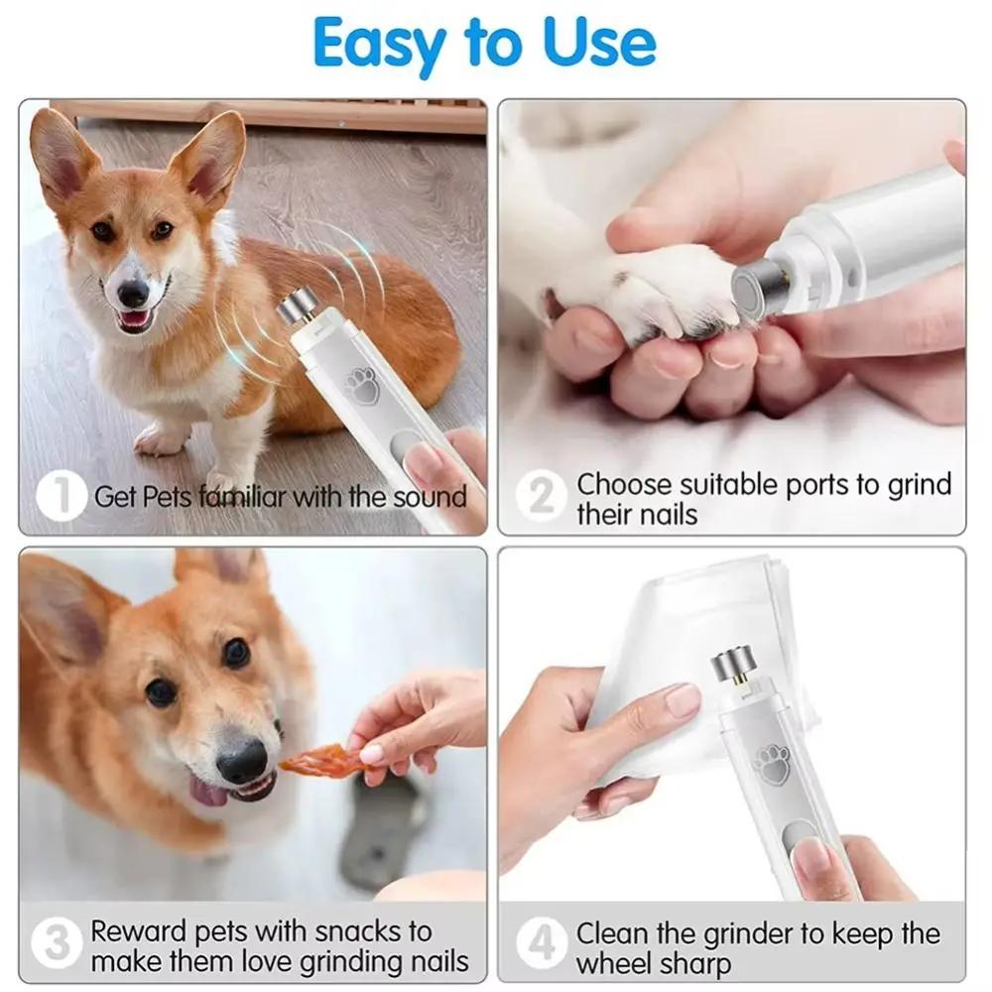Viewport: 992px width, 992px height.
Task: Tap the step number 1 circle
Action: [x=61, y=496]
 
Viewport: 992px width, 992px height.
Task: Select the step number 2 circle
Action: [x=541, y=496]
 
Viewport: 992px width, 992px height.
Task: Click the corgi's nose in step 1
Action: [x=132, y=293]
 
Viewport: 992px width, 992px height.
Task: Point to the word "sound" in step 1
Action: [x=430, y=496]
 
